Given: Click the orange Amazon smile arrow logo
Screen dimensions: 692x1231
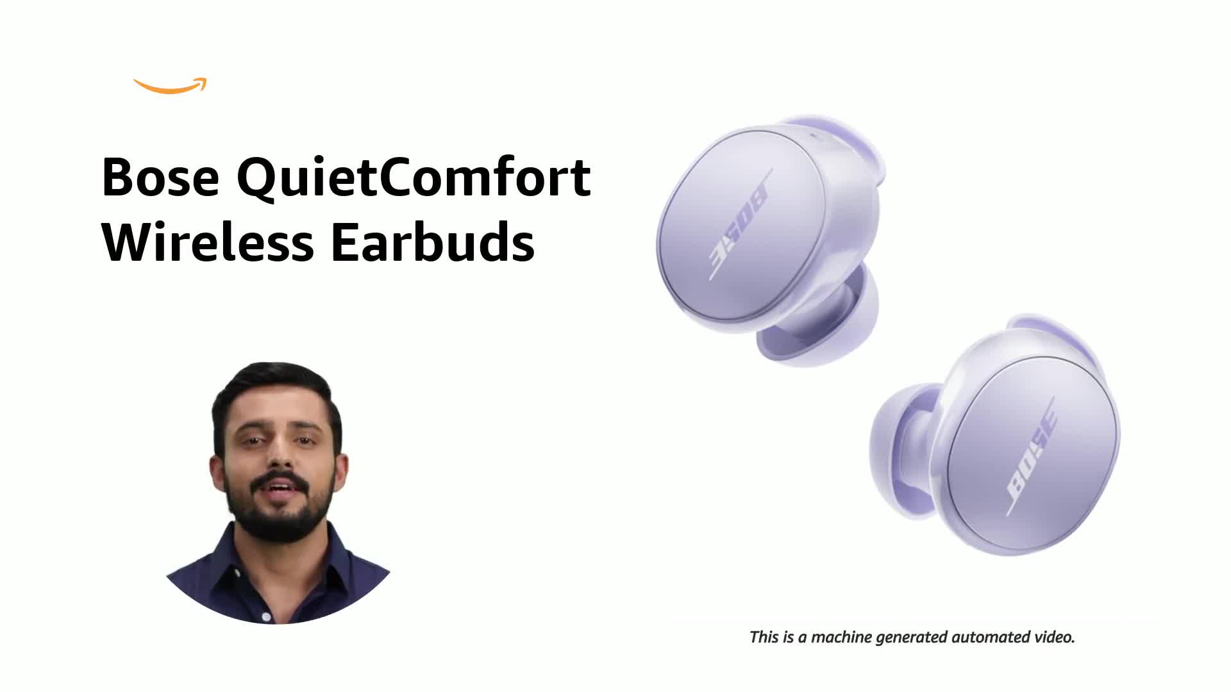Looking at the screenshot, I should [170, 86].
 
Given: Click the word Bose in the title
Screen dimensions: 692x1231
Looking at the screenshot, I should [160, 177].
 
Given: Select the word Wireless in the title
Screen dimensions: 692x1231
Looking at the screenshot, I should [207, 243].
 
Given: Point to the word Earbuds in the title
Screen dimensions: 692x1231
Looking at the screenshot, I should [433, 243].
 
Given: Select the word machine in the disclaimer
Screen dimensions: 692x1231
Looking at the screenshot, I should [841, 638].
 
